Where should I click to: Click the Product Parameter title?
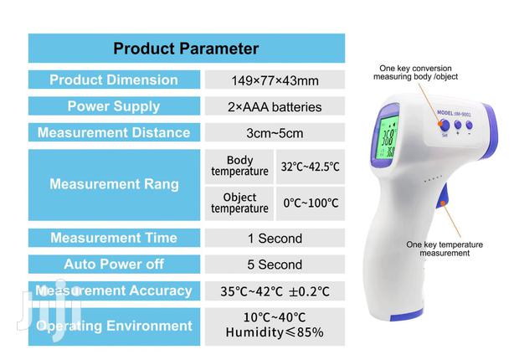click(x=186, y=49)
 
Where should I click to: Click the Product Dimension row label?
click(x=114, y=80)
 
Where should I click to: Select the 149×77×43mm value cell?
click(x=274, y=81)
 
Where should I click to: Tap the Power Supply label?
click(x=114, y=106)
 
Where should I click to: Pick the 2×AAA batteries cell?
click(x=274, y=107)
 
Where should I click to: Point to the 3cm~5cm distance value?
click(x=274, y=133)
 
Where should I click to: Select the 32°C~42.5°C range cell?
click(x=310, y=167)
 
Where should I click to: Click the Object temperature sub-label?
click(x=239, y=203)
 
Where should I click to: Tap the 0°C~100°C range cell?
click(x=310, y=203)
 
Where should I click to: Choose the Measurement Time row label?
click(x=114, y=238)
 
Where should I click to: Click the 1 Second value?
click(x=274, y=239)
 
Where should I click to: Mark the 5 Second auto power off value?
click(x=274, y=265)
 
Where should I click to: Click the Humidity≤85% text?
click(x=274, y=332)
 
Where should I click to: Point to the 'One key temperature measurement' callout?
click(x=444, y=249)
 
